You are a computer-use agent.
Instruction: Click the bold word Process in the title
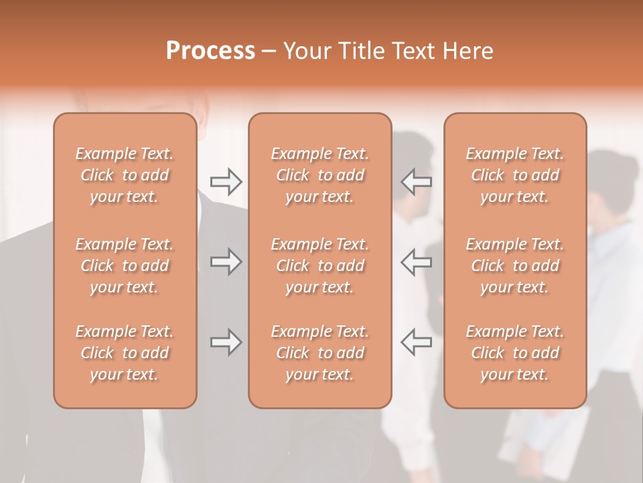[210, 51]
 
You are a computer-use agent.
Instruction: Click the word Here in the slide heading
[468, 51]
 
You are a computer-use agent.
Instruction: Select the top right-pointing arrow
[226, 180]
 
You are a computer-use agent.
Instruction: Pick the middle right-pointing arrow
[226, 262]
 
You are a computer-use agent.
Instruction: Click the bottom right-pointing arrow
[226, 342]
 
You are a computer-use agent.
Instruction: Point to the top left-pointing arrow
[416, 180]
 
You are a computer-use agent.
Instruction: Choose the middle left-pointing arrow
[416, 262]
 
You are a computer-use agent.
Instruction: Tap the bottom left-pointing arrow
[416, 342]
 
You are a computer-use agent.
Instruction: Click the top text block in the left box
[125, 175]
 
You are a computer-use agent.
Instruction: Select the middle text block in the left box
[125, 266]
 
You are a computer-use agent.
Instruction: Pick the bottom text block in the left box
[125, 353]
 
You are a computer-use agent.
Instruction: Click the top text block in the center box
[320, 175]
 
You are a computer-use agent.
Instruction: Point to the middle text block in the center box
[320, 266]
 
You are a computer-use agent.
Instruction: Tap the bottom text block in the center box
[320, 353]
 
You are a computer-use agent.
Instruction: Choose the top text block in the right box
[515, 175]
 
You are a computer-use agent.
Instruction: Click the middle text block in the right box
[515, 266]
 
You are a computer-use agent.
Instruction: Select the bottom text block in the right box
[515, 353]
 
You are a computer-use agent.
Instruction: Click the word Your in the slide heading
[305, 51]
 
